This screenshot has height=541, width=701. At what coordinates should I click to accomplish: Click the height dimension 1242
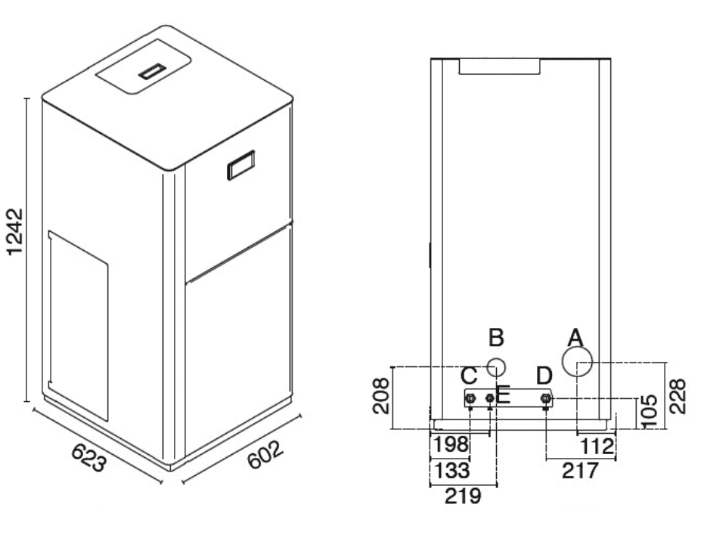click(15, 231)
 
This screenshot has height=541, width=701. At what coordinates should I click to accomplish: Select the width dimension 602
click(265, 455)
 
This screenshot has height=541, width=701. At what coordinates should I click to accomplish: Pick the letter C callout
click(469, 376)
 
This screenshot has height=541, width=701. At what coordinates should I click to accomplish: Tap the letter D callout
click(544, 376)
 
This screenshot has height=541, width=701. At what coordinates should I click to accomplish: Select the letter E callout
click(504, 396)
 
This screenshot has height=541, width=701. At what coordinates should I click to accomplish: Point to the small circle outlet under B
click(496, 368)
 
